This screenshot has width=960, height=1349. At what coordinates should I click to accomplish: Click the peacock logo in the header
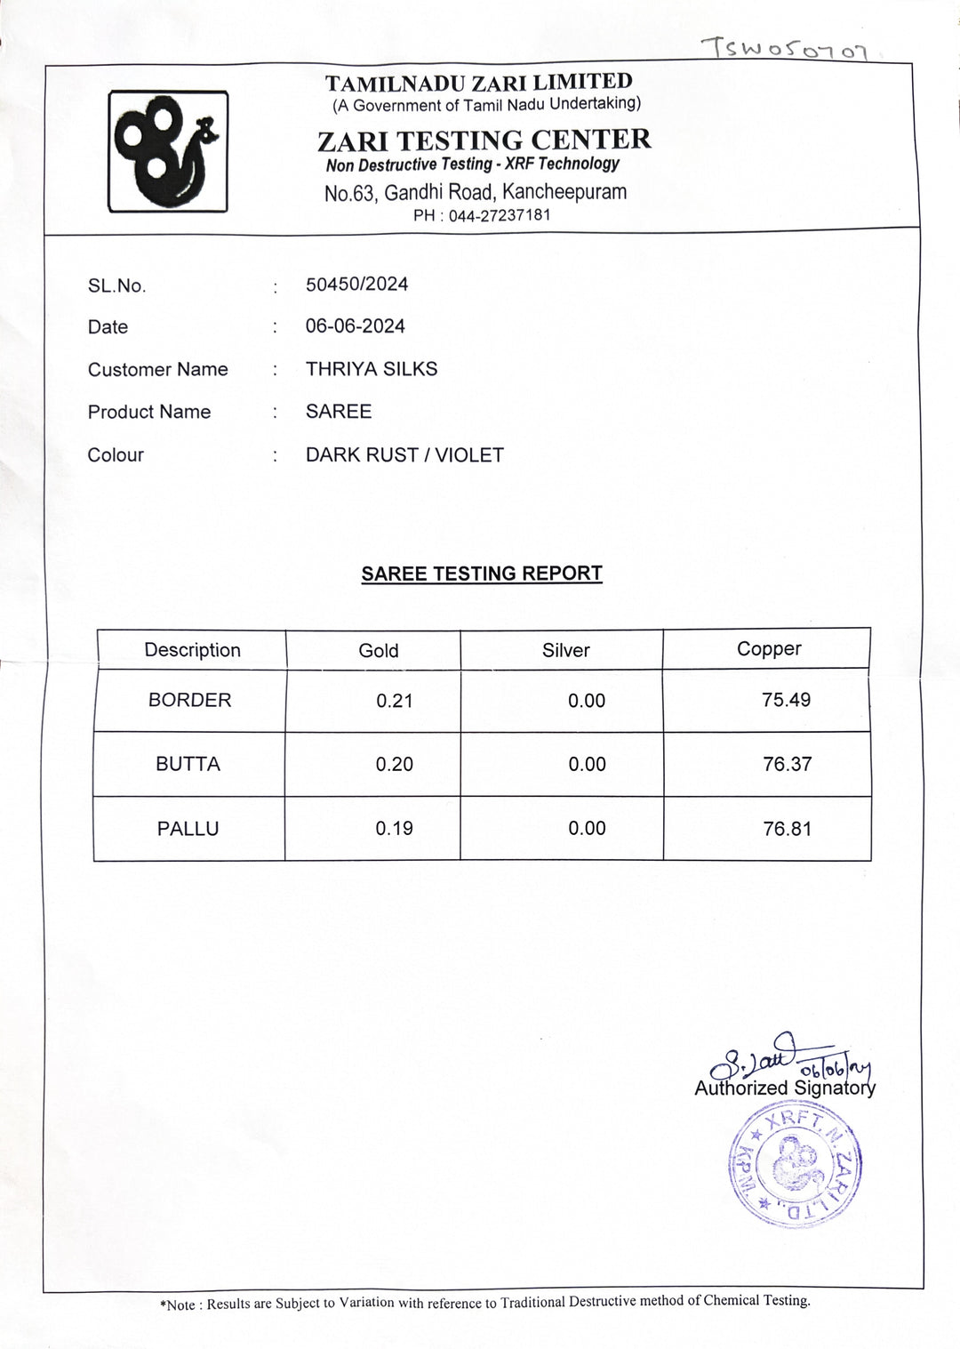click(168, 151)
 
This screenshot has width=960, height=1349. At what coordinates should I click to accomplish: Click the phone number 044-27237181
click(499, 215)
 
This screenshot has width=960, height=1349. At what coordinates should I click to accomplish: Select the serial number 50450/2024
click(356, 285)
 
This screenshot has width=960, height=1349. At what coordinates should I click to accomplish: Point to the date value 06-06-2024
click(355, 326)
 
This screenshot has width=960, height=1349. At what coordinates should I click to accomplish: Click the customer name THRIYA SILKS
click(372, 369)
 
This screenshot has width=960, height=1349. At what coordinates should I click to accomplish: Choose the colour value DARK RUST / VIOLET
click(404, 455)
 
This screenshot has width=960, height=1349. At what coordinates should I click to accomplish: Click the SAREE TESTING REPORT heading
click(482, 574)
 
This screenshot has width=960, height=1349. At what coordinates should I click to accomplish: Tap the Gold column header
click(379, 651)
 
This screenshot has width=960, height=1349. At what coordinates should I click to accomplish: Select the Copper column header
click(769, 649)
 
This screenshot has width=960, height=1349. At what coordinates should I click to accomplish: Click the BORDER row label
click(189, 701)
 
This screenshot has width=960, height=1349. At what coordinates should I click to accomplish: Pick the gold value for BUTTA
click(395, 765)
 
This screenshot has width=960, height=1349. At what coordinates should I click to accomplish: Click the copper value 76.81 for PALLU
click(787, 829)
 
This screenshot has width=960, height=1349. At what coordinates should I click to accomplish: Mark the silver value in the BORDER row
click(587, 701)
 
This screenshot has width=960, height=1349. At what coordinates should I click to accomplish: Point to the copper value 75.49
click(787, 700)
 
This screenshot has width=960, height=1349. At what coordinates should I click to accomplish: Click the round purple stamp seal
click(795, 1167)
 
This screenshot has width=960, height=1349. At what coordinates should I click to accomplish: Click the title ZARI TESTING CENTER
click(484, 140)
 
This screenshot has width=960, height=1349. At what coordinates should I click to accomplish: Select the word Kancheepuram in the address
click(564, 191)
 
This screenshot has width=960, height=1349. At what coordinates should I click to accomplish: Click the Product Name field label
click(149, 412)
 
